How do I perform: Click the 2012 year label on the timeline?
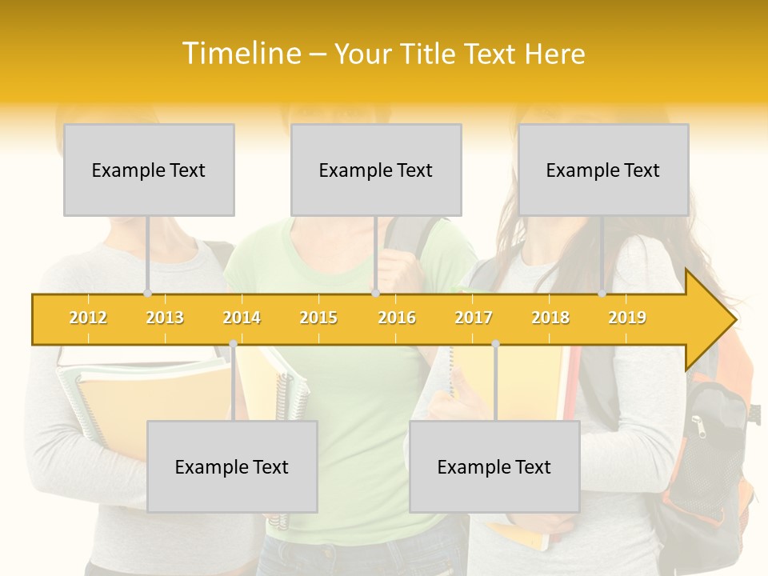pos(88,318)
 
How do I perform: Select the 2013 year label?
pos(165,318)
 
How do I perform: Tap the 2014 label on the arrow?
pos(242,318)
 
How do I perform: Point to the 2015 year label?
pos(318,318)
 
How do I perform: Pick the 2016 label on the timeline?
pos(397,318)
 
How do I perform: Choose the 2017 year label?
pos(474,318)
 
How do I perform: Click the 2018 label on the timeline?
pos(550,318)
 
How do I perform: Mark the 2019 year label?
pos(627,318)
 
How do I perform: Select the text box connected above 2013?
pos(149,170)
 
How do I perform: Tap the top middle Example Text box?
pos(376,170)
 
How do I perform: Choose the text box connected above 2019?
pos(603,170)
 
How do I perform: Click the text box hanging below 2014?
pos(232,466)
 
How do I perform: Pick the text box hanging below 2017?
pos(494,466)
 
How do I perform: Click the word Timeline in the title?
pos(241,54)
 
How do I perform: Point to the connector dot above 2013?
pos(147,294)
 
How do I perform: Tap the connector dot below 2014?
pos(233,344)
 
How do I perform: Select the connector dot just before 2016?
pos(375,294)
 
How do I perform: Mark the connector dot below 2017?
pos(495,344)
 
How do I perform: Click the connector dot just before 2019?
pos(602,294)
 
